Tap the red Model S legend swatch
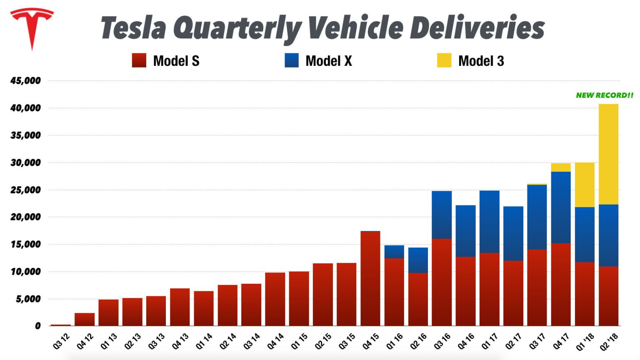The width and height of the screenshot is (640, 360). [139, 60]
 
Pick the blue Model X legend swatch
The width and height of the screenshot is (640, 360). [292, 60]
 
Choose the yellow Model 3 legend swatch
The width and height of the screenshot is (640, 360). [444, 60]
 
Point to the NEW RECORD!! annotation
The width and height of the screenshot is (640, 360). [604, 95]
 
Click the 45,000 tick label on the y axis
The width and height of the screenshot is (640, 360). [26, 81]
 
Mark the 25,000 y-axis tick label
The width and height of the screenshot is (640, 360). [26, 190]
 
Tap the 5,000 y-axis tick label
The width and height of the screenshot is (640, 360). [28, 299]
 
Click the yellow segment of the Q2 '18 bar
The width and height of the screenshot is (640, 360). [608, 154]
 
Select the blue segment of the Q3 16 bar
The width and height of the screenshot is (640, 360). [442, 215]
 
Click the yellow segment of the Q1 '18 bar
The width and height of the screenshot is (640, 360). [585, 185]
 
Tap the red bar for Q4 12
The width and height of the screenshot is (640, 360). [85, 320]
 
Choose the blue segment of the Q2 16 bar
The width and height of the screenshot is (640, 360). [418, 260]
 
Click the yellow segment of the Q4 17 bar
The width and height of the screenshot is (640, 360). [561, 167]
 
